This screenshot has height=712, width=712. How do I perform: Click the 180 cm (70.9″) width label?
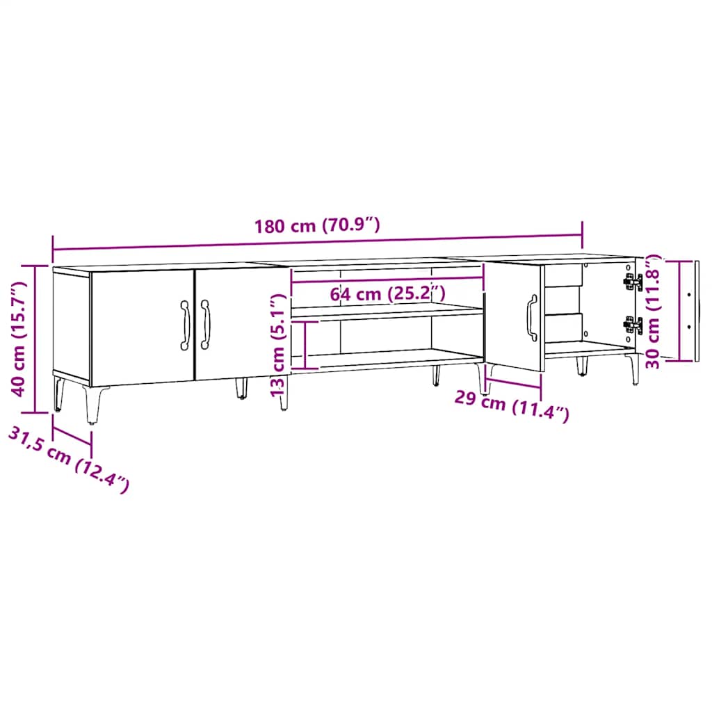point(317,225)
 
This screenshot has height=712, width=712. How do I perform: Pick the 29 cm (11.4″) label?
point(512,406)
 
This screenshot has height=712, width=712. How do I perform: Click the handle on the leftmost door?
point(185,325)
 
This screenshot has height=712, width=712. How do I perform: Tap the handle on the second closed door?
point(205,325)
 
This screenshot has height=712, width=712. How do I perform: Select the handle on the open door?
point(532,318)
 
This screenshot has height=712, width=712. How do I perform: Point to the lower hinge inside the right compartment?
point(632,325)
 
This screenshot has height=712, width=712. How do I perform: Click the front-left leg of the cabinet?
point(91,403)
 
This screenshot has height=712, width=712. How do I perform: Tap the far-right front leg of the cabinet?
point(633,369)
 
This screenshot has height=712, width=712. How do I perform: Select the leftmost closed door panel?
point(143,326)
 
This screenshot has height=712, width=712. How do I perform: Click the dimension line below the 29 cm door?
point(513,382)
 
